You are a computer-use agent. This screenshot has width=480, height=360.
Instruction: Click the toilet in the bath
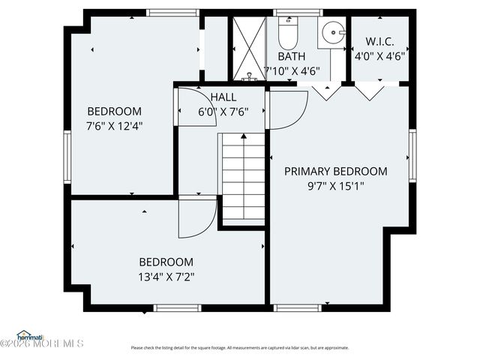288,34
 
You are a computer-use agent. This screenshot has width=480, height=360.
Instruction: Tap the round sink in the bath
331,33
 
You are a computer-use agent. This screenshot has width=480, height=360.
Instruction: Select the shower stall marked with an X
247,48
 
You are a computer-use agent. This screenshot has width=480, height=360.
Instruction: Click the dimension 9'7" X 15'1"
335,186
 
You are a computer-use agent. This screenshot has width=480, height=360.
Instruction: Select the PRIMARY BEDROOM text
335,171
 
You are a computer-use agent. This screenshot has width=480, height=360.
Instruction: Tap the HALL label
223,97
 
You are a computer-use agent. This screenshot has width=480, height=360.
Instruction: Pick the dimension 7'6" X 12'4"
115,125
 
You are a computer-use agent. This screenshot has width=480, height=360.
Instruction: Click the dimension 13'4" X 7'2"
166,276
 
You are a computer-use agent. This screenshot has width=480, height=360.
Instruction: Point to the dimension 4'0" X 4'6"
380,55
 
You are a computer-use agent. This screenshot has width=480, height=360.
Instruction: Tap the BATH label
291,56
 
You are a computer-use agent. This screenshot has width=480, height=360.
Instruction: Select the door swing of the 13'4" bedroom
196,219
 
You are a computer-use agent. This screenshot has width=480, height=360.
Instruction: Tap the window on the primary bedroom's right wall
412,155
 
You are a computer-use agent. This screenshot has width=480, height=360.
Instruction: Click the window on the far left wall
67,156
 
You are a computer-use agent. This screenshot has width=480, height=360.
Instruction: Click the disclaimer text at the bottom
239,347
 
